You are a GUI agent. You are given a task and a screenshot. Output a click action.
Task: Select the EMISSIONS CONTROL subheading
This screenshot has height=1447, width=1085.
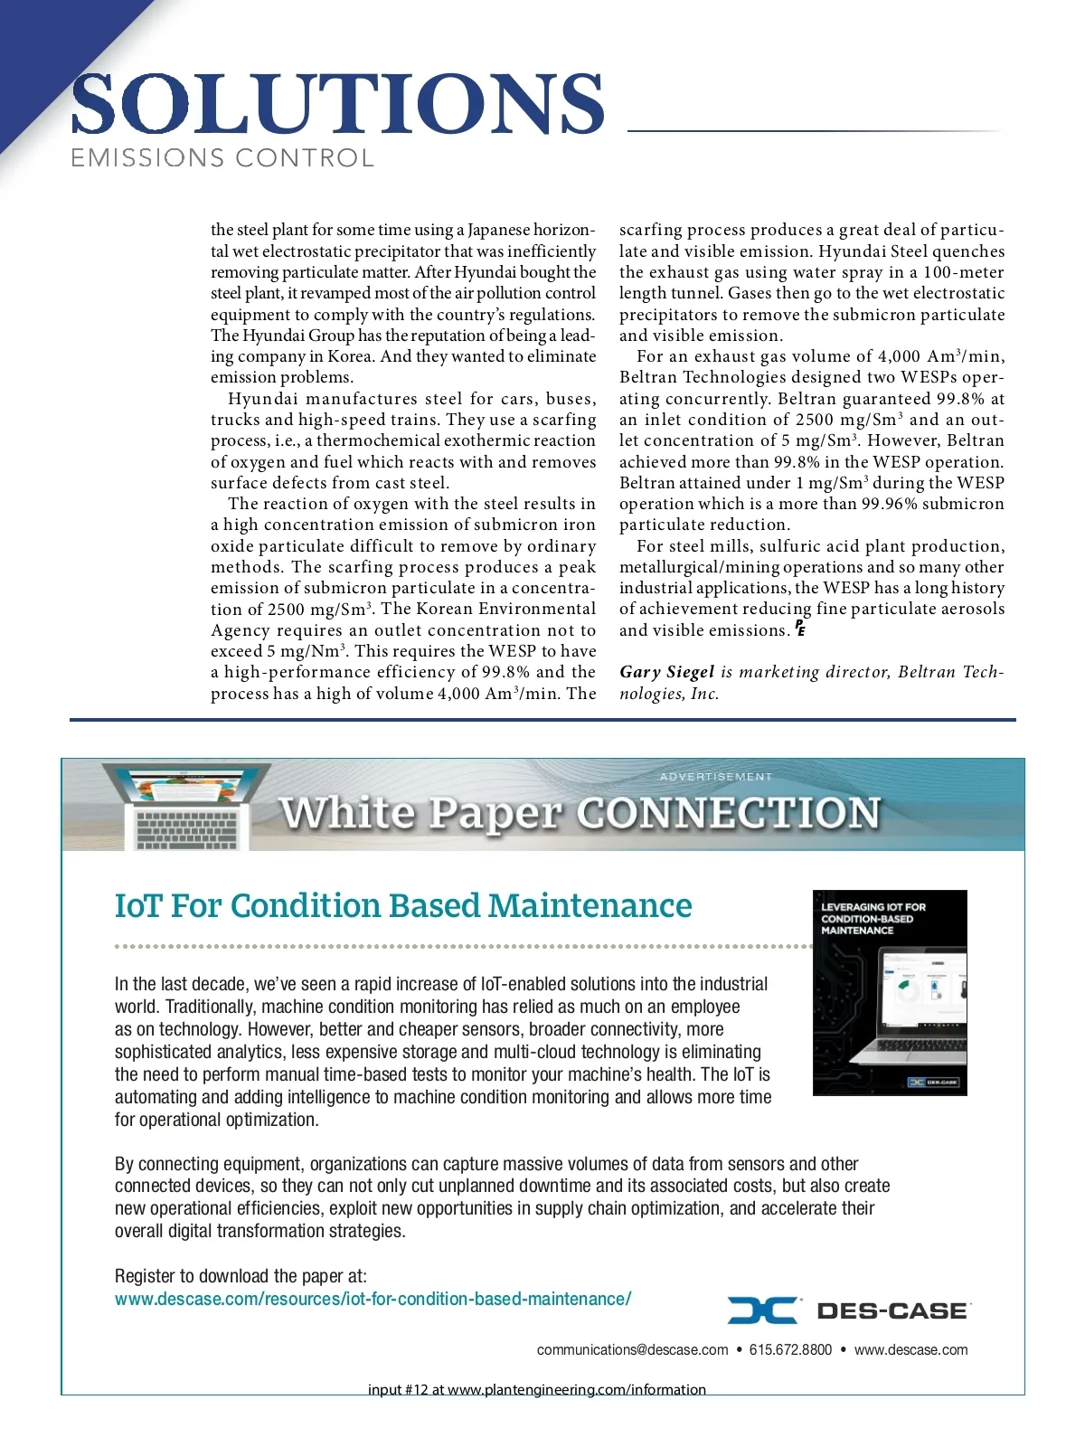point(222,158)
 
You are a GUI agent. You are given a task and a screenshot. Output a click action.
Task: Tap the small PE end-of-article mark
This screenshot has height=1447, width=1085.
point(800,629)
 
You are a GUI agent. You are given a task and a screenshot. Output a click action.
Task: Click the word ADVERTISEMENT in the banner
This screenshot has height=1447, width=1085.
point(716,777)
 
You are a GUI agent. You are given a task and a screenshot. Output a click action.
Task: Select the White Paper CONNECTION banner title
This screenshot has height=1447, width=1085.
point(579,812)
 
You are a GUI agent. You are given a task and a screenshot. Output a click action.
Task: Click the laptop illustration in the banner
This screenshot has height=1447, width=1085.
point(187,807)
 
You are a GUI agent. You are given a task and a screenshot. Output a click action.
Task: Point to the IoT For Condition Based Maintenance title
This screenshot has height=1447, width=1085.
point(403,905)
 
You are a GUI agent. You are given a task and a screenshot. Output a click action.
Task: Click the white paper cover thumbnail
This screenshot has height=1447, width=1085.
point(890,992)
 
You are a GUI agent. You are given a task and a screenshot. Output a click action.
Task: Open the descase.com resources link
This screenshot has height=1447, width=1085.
point(373,1299)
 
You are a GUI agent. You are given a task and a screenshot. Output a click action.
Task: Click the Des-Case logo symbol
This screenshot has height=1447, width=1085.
point(761,1310)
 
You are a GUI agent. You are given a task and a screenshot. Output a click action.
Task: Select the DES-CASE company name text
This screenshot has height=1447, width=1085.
point(892,1311)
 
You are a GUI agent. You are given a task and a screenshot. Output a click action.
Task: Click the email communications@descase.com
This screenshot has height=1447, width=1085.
point(632,1349)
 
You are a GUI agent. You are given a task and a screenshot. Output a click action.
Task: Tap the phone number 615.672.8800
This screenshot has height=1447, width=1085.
point(790,1349)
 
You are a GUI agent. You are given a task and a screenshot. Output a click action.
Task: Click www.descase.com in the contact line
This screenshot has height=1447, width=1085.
point(910,1349)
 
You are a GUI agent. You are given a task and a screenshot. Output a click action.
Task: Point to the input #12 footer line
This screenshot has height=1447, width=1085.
point(536,1389)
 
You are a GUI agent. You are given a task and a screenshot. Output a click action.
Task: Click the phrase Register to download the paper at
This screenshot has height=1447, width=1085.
point(241,1276)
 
